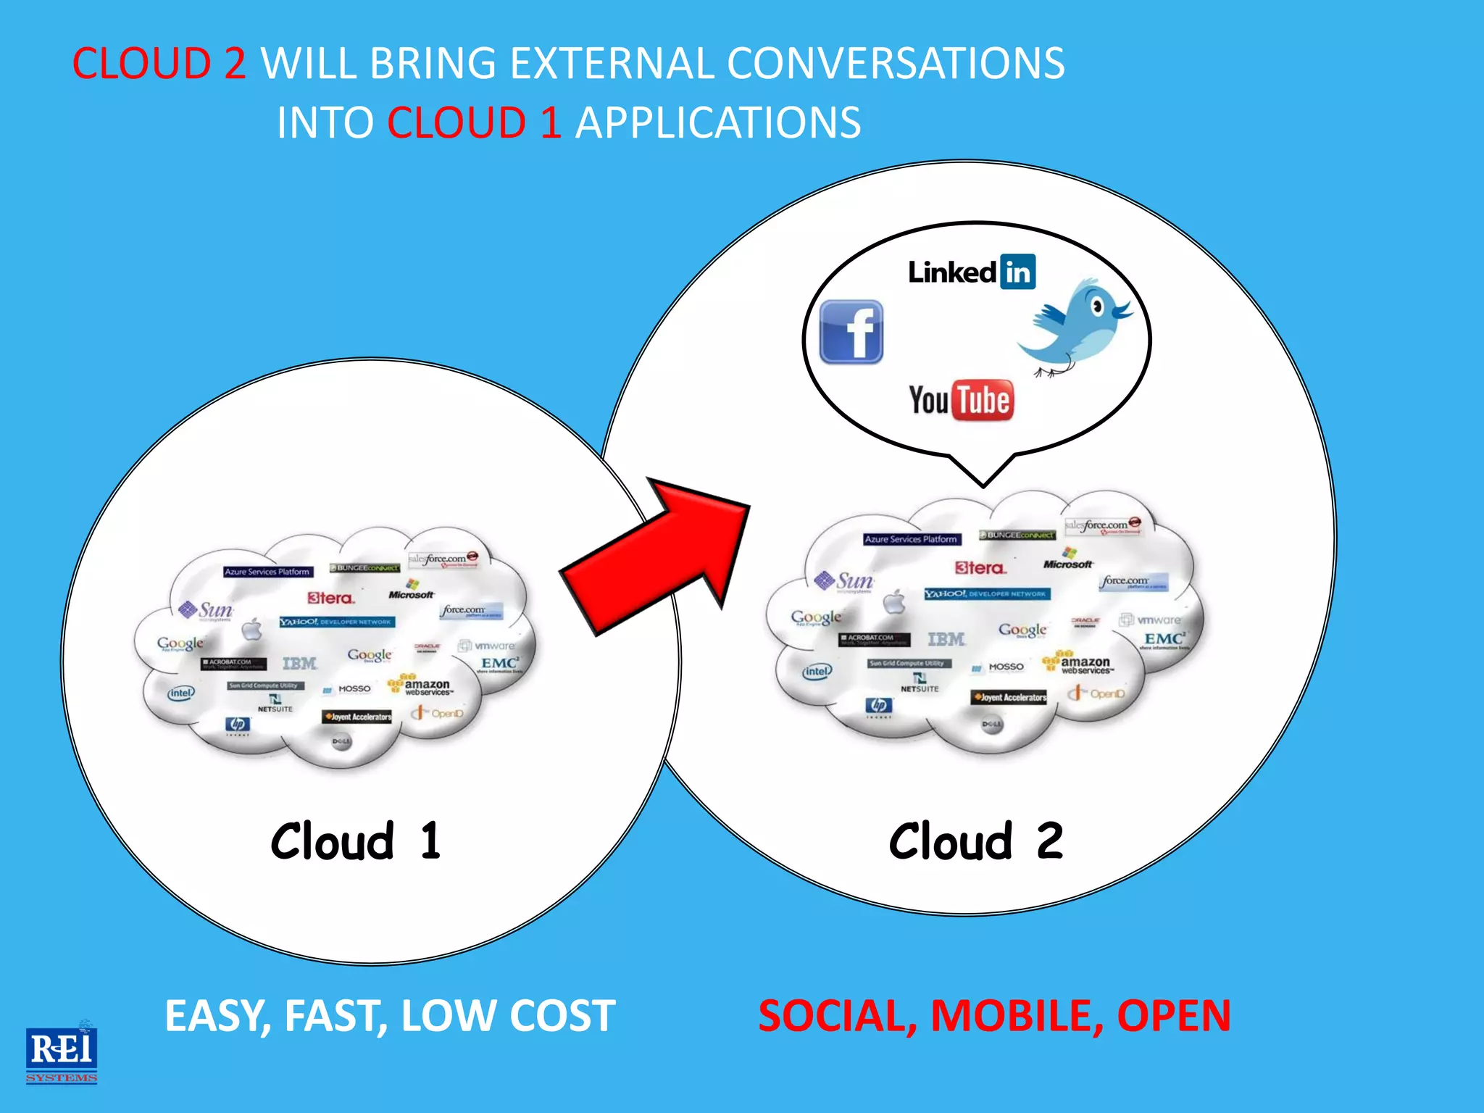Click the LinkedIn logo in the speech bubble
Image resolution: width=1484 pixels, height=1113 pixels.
tap(971, 272)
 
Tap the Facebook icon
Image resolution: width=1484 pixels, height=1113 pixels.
tap(851, 332)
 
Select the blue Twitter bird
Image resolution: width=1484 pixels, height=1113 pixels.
tap(1076, 326)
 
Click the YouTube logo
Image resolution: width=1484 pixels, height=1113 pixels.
tap(961, 400)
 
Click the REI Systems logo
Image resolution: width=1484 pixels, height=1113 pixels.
tap(62, 1053)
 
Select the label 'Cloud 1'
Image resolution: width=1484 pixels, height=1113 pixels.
tap(355, 841)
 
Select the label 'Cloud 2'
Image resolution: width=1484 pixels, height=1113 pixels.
tap(975, 841)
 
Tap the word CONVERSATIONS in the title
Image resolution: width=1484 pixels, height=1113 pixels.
tap(896, 63)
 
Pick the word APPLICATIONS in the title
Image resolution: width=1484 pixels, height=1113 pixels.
tap(717, 122)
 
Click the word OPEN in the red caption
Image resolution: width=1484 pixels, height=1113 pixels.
tap(1173, 1015)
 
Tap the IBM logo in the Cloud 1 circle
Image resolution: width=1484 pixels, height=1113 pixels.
tap(299, 663)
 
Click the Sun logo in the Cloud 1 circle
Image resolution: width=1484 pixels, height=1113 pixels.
tap(207, 610)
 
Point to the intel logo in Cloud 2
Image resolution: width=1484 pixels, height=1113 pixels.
tap(817, 671)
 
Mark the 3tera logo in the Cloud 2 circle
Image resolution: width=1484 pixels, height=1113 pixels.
tap(980, 568)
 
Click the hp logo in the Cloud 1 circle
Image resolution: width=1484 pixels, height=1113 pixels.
tap(238, 724)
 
